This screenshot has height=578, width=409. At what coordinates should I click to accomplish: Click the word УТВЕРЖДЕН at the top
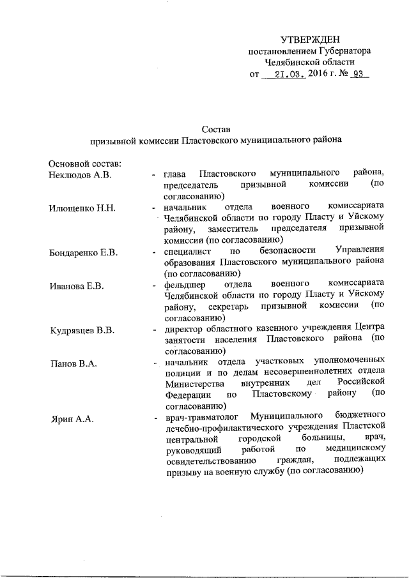click(311, 39)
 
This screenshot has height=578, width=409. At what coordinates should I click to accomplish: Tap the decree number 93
click(357, 74)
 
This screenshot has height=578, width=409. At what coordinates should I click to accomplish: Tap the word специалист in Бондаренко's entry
click(189, 251)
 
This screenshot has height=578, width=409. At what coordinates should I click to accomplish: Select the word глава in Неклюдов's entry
click(175, 174)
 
